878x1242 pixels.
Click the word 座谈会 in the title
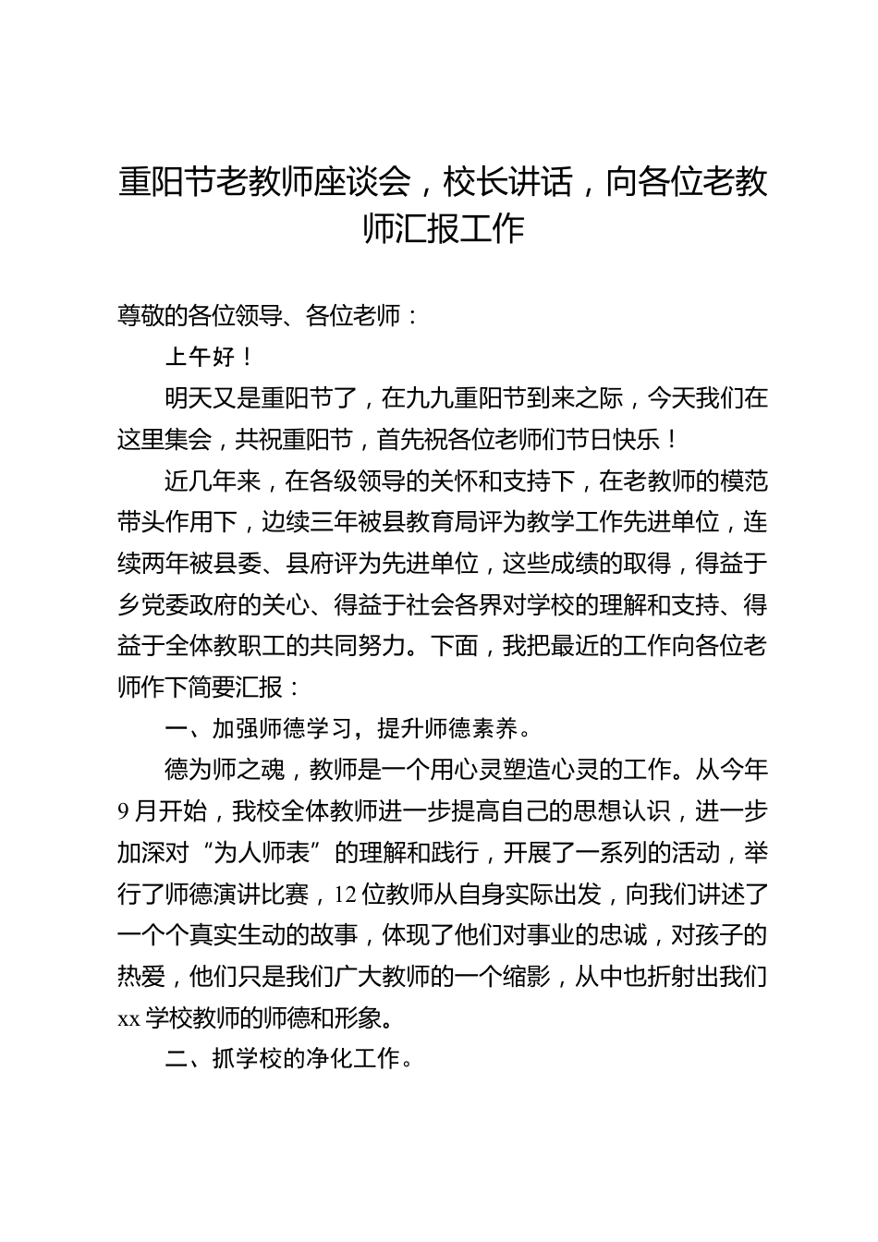(x=360, y=182)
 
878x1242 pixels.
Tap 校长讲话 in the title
(x=506, y=182)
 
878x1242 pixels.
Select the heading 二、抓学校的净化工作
(x=286, y=1059)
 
